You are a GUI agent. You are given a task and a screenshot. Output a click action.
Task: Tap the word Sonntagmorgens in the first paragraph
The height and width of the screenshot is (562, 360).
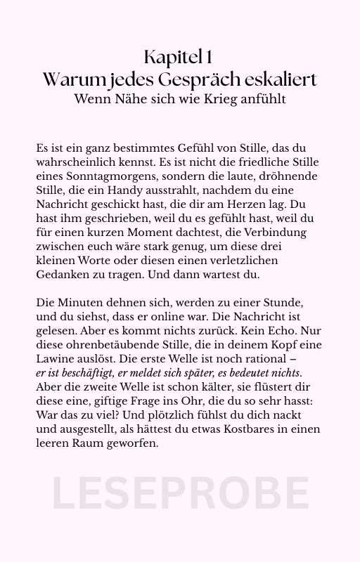click(103, 178)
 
